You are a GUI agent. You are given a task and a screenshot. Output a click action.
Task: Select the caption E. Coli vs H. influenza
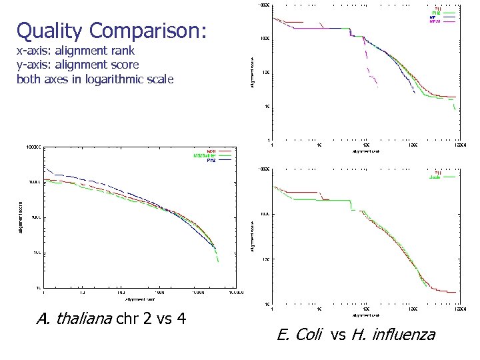pyautogui.click(x=355, y=334)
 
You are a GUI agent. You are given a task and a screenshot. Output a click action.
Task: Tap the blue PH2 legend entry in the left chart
pyautogui.click(x=220, y=161)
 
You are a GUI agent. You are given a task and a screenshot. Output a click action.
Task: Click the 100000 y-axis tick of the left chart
pyautogui.click(x=33, y=145)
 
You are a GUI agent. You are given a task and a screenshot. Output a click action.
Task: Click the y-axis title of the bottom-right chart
pyautogui.click(x=253, y=237)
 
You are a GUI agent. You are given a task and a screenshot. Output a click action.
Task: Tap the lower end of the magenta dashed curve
pyautogui.click(x=378, y=87)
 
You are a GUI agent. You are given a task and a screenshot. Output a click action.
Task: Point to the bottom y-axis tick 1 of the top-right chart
pyautogui.click(x=268, y=140)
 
